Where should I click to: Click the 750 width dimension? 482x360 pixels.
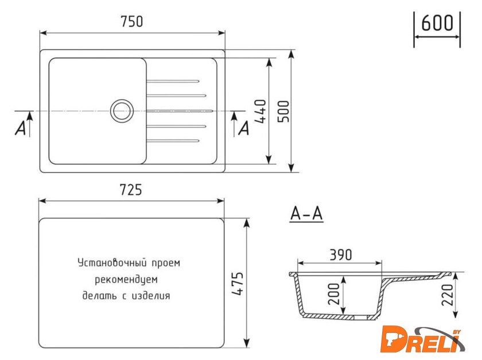point(132,22)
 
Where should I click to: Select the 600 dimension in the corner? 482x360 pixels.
point(437,23)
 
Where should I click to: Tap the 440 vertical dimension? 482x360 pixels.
point(261,111)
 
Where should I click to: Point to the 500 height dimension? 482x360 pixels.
point(283,111)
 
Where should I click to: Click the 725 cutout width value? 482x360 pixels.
point(131,190)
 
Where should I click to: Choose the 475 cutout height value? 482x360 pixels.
point(238,284)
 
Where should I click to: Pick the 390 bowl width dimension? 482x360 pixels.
point(341,255)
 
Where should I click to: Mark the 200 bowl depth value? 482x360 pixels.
point(334,294)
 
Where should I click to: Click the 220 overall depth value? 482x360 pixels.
point(447,295)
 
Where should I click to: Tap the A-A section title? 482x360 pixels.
point(306,213)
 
